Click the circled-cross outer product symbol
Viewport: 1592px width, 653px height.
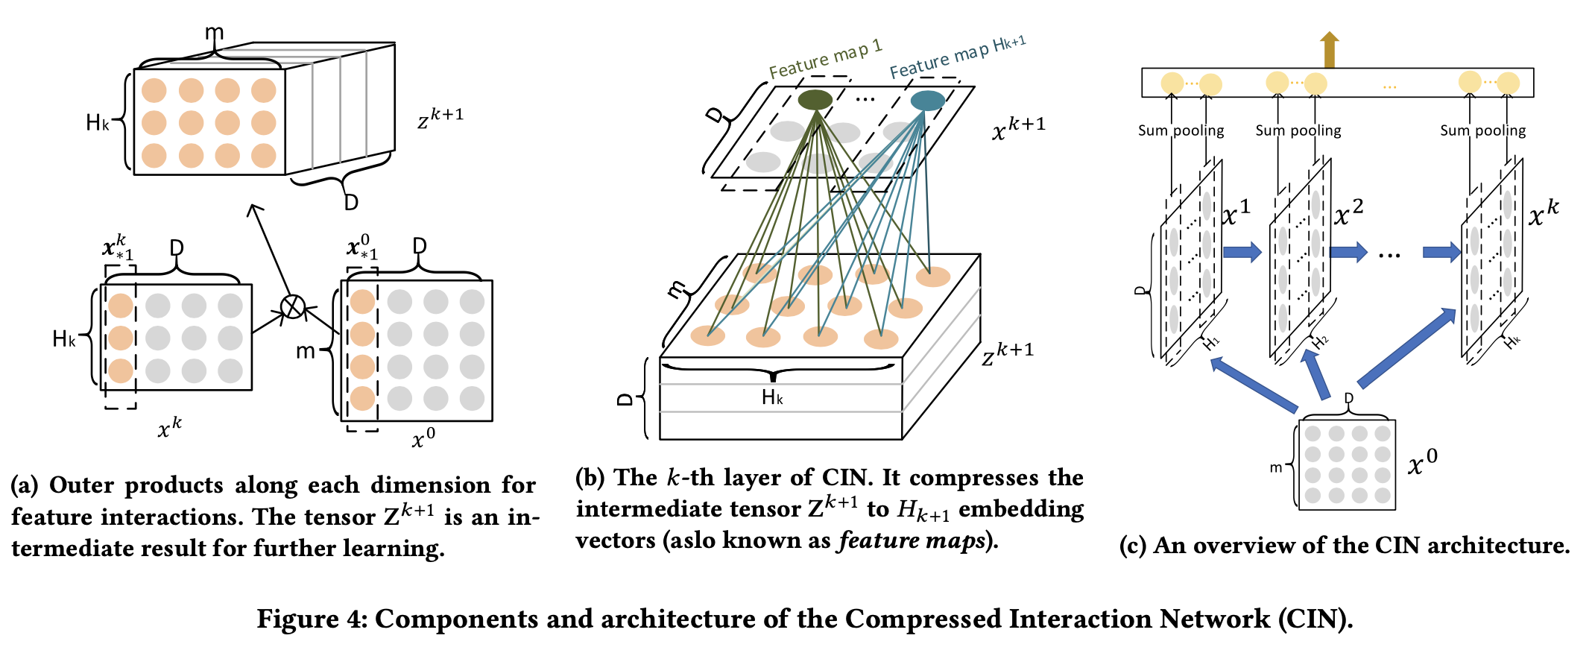(293, 306)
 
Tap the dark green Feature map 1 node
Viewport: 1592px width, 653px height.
(815, 100)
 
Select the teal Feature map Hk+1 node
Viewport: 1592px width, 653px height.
(927, 101)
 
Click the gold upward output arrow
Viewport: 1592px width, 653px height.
(1329, 49)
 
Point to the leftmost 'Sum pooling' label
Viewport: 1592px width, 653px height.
(1181, 130)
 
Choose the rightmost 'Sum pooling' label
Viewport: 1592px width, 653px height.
(1482, 130)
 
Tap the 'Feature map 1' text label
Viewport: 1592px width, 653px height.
(825, 59)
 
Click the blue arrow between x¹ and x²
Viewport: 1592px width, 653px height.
(1241, 252)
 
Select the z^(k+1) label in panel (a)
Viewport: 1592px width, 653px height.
(440, 118)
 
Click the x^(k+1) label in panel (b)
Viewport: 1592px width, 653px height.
(1018, 128)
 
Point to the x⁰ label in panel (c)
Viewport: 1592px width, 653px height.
(1422, 463)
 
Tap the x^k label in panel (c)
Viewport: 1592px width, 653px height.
(1543, 212)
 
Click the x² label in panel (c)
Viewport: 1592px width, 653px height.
(1348, 212)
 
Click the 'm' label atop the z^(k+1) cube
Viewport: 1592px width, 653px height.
(214, 33)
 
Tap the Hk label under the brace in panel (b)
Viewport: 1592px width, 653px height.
(772, 397)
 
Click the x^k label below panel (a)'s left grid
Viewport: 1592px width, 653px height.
(170, 427)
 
